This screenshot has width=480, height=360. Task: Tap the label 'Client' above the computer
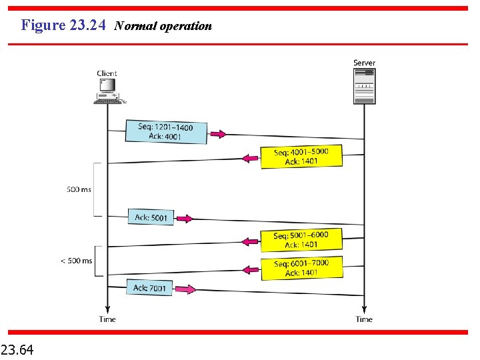[107, 73]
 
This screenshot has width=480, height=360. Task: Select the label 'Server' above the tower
[364, 63]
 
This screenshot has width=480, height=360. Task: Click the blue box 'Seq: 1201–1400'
[166, 131]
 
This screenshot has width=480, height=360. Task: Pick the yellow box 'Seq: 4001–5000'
[301, 157]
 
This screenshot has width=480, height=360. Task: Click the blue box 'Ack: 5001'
[151, 217]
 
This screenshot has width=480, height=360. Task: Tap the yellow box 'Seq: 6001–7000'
[301, 267]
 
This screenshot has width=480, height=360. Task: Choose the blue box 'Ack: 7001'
[149, 288]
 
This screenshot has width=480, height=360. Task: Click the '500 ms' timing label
[79, 189]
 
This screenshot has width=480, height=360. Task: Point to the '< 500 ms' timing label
[77, 261]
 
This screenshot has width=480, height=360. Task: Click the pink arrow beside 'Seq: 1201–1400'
[218, 134]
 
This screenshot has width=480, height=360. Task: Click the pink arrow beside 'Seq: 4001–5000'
[250, 158]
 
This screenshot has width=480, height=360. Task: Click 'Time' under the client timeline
[107, 319]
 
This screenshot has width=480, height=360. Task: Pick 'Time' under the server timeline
[364, 319]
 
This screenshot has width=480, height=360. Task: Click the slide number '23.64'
[18, 349]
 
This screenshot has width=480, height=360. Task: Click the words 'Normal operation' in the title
[163, 26]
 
